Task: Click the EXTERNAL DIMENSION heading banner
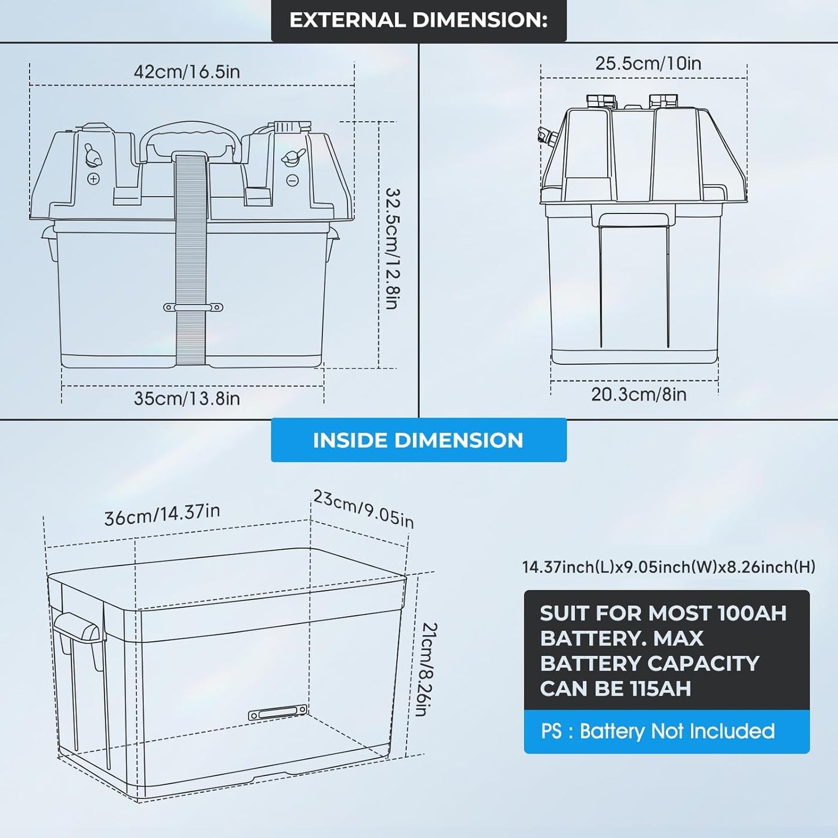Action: pyautogui.click(x=418, y=20)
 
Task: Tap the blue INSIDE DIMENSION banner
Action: pyautogui.click(x=418, y=440)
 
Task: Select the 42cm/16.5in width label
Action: pyautogui.click(x=187, y=72)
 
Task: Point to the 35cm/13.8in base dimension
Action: pyautogui.click(x=187, y=398)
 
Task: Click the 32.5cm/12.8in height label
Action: pyautogui.click(x=393, y=248)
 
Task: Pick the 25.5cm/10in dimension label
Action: pyautogui.click(x=648, y=63)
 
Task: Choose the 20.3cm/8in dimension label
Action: pyautogui.click(x=639, y=394)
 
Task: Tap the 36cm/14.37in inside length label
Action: pyautogui.click(x=162, y=514)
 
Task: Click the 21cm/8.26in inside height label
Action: pyautogui.click(x=429, y=669)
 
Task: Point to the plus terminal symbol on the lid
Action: pyautogui.click(x=93, y=179)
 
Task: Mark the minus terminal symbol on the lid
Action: pyautogui.click(x=293, y=181)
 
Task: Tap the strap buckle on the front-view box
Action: pyautogui.click(x=193, y=307)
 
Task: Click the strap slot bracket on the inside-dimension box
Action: pyautogui.click(x=277, y=713)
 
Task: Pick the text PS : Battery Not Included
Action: pyautogui.click(x=658, y=731)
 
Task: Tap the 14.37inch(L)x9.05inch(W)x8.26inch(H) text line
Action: pyautogui.click(x=669, y=567)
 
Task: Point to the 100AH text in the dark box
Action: pyautogui.click(x=752, y=613)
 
